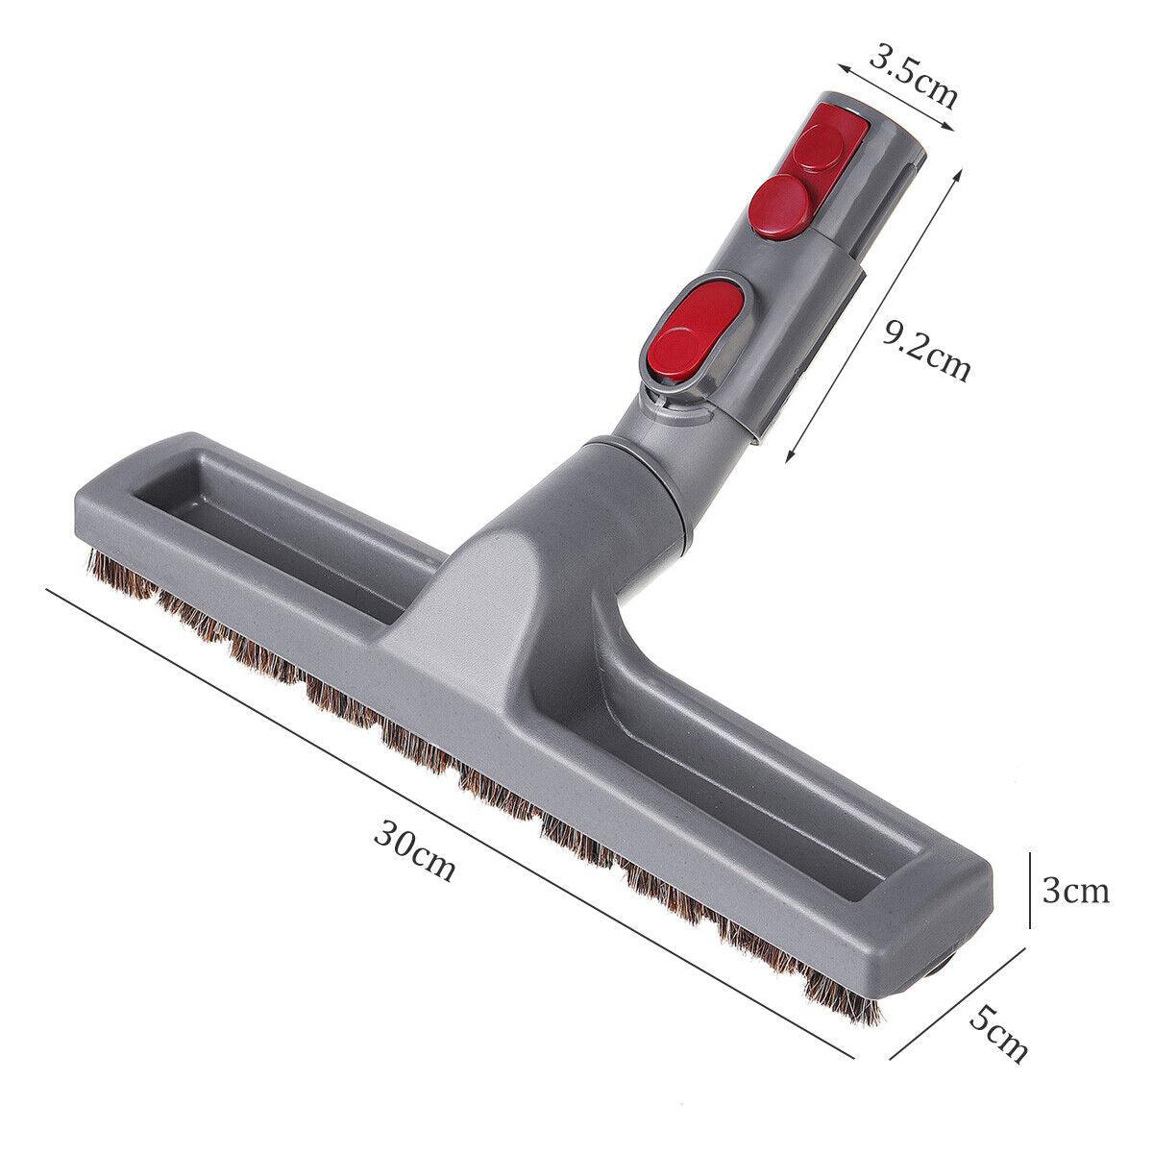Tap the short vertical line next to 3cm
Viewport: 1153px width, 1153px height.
coord(1030,889)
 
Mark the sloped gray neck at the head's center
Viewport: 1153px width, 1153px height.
coord(509,596)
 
